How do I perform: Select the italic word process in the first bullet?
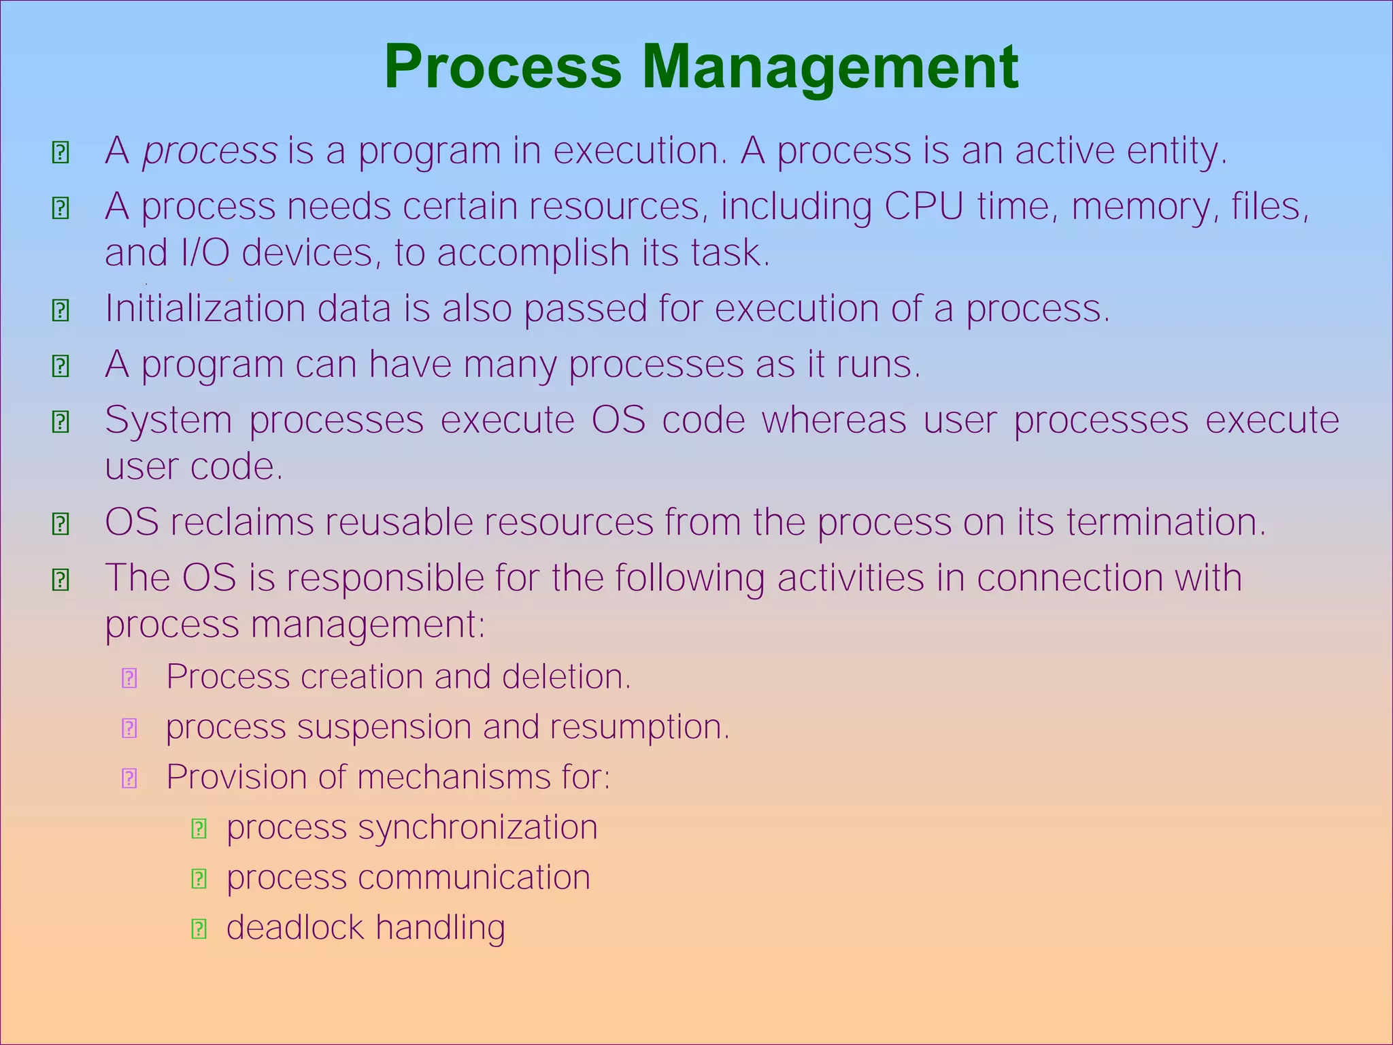coord(209,151)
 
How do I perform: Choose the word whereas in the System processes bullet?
coord(834,420)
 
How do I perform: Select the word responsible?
coord(384,578)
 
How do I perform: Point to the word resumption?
coord(639,727)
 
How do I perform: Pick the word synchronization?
coord(477,827)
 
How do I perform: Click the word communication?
coord(474,877)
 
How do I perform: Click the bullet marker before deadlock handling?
coord(199,929)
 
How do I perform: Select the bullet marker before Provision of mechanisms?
coord(129,778)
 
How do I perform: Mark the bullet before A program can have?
coord(61,366)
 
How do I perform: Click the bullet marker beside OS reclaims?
coord(61,524)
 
